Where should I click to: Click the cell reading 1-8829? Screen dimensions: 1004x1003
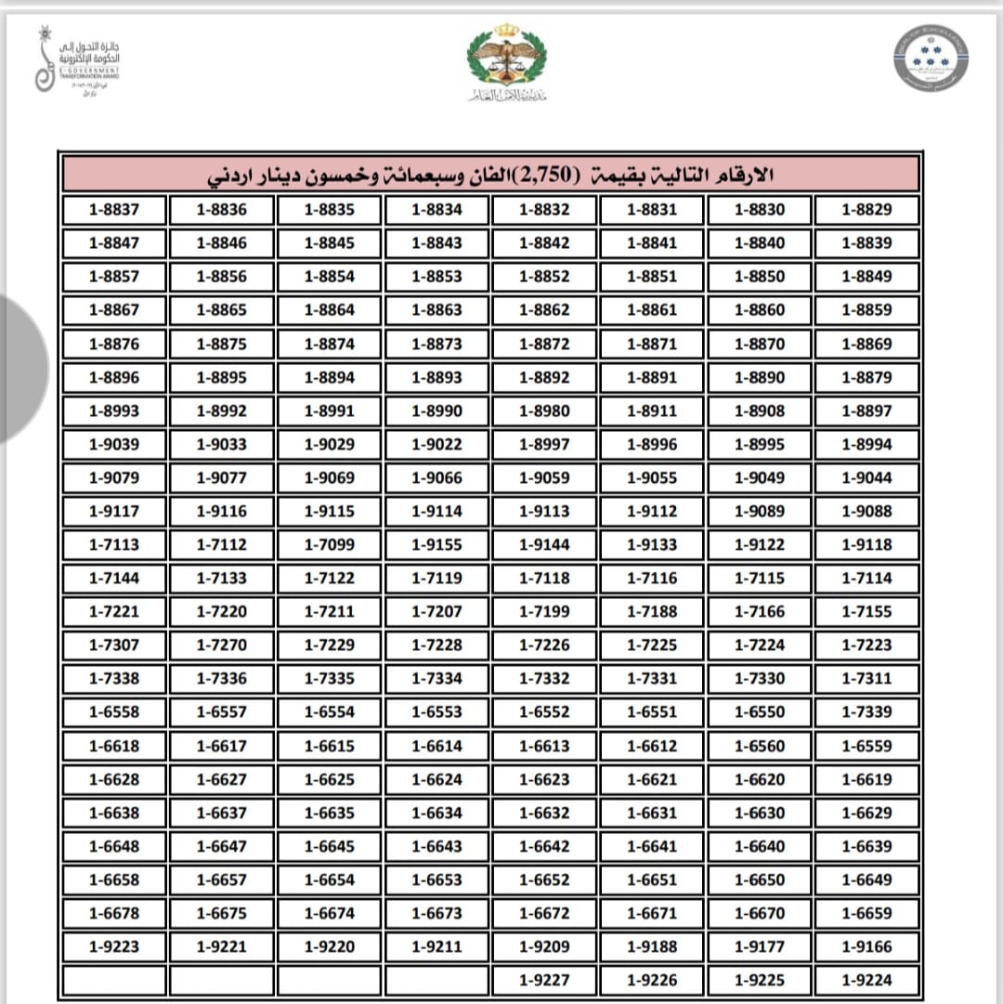click(866, 210)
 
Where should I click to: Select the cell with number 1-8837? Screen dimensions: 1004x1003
click(114, 210)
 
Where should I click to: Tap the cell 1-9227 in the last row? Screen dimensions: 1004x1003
click(544, 980)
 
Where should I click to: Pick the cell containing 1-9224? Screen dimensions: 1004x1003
click(866, 980)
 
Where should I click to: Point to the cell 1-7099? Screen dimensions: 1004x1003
click(330, 545)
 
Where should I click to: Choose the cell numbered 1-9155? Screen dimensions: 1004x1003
click(436, 545)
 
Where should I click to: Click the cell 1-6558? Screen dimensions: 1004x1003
click(114, 712)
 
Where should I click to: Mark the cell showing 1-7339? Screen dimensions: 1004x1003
click(866, 712)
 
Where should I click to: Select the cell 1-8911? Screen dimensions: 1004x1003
click(652, 411)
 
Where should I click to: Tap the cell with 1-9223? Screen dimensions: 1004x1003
click(114, 946)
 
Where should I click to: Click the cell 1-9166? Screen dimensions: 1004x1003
click(866, 946)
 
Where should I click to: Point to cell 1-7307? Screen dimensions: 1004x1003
click(114, 645)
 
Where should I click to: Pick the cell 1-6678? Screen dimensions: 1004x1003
click(114, 913)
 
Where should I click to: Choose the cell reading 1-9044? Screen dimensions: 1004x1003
click(866, 478)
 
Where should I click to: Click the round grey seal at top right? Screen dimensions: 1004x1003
click(931, 58)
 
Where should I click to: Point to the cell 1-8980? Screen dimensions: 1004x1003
click(544, 411)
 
